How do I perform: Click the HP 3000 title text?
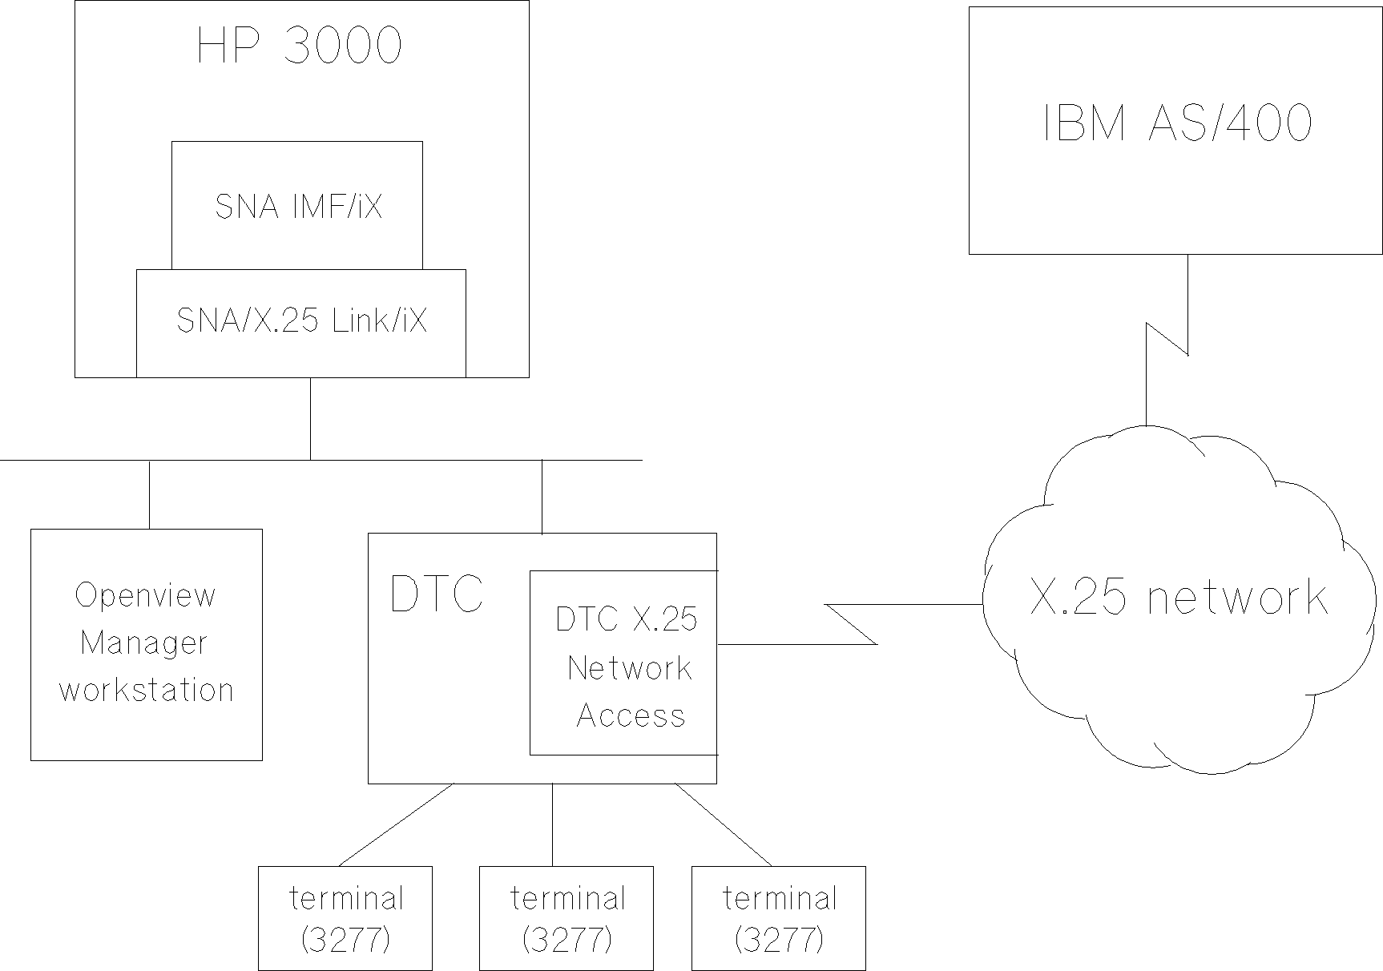(300, 46)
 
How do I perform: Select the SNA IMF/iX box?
(297, 206)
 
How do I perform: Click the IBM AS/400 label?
(1177, 125)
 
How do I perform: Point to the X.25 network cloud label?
(1178, 598)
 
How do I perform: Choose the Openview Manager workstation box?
(147, 644)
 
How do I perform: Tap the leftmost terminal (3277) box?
(345, 918)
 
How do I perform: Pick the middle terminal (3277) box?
(567, 918)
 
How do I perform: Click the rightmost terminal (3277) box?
(779, 918)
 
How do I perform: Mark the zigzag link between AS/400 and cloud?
(1167, 339)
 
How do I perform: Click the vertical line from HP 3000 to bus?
(310, 418)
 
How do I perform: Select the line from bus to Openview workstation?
(149, 494)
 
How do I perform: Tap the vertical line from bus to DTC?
(542, 497)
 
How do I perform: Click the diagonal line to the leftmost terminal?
(397, 824)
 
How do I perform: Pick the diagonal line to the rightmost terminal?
(723, 824)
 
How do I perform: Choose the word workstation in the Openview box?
(147, 691)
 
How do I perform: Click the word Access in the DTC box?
(631, 715)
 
